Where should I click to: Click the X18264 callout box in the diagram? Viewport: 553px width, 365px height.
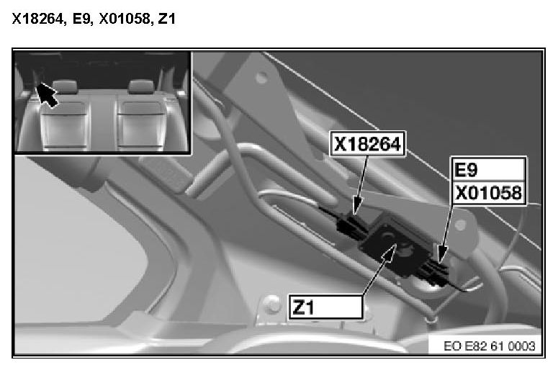(x=367, y=143)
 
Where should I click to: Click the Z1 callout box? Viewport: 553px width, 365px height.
(x=325, y=307)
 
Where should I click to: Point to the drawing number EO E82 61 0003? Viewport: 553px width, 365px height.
(x=490, y=346)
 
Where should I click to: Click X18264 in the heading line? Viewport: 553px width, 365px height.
(x=38, y=19)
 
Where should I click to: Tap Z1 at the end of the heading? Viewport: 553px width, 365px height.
(x=167, y=19)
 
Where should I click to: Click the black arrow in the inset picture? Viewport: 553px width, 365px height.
(x=48, y=94)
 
